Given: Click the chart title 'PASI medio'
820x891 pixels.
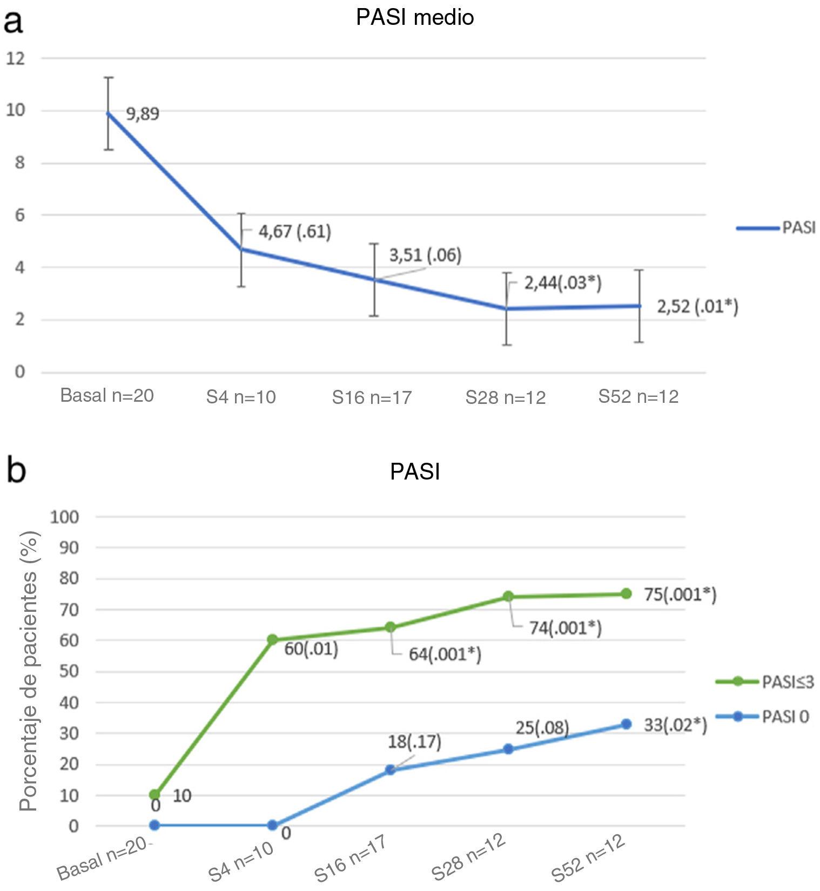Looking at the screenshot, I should [415, 17].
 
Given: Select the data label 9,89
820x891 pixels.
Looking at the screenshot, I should [143, 114].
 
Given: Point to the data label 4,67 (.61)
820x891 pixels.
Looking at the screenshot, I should [294, 232].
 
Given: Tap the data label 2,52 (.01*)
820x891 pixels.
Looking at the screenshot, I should [697, 307].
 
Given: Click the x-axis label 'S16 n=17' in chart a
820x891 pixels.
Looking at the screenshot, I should [372, 397].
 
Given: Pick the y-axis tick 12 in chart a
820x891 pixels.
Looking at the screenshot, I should [16, 58].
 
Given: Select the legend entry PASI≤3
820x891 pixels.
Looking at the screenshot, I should [787, 682].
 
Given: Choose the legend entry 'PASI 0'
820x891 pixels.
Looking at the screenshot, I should [785, 717].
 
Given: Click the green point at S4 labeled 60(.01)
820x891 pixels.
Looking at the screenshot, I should [272, 640].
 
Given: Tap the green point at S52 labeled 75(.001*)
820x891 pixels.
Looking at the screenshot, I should [626, 594].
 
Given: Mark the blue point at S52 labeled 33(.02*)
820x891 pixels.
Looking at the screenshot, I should [626, 724].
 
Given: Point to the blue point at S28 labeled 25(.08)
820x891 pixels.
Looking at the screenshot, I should [508, 749].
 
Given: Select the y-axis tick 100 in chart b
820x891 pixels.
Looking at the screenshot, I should [64, 517].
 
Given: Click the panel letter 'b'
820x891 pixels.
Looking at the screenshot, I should [16, 470].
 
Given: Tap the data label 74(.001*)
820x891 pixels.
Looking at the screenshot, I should [565, 628].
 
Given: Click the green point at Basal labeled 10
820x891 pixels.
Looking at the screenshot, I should [154, 795].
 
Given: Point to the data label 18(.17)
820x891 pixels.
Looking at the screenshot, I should [414, 741].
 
